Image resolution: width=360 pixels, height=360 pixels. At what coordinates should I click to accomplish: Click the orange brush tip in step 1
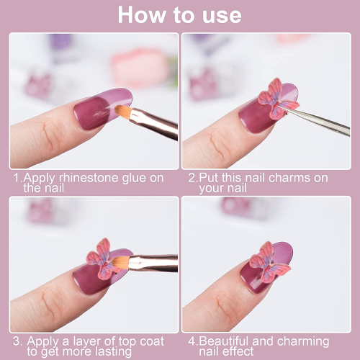(x=123, y=112)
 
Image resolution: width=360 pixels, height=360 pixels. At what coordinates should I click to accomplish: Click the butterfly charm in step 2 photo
(x=279, y=99)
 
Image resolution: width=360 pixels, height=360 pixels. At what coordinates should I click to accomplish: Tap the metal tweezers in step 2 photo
(x=317, y=121)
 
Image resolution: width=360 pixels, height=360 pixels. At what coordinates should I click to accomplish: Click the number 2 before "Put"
(x=192, y=178)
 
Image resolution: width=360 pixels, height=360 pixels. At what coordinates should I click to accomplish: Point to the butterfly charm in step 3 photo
(x=103, y=258)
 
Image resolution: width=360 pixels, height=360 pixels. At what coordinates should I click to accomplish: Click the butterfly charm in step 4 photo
(x=269, y=262)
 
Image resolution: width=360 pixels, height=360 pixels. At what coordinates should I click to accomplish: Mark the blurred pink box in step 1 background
(x=139, y=68)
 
